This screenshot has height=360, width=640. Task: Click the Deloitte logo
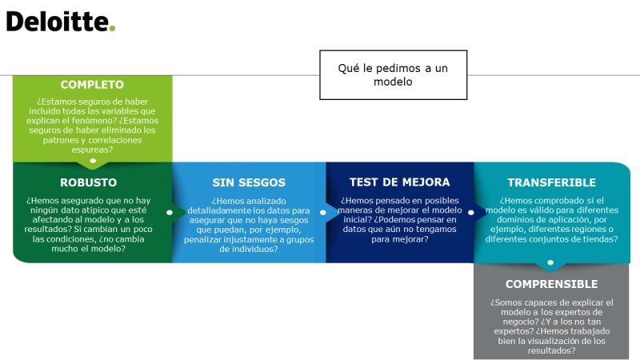61,22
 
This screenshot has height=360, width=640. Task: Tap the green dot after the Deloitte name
112,29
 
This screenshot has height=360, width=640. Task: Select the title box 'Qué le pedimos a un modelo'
393,74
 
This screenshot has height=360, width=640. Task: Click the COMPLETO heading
92,85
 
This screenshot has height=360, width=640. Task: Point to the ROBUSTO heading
89,182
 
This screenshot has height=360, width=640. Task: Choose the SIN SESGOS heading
249,182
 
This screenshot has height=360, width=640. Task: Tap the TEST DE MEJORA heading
399,182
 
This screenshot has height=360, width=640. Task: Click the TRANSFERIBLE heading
552,182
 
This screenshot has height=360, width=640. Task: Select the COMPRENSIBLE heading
552,284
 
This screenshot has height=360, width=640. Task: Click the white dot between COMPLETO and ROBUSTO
93,161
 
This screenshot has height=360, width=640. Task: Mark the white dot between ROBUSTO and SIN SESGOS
170,212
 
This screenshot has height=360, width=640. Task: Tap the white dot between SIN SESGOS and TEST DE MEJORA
323,212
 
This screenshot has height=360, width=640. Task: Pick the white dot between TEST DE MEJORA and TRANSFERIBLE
470,212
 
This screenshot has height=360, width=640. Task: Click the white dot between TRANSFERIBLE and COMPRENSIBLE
550,262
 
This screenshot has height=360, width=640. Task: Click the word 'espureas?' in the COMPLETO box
92,150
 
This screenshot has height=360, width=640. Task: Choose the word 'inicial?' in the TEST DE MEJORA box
357,219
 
